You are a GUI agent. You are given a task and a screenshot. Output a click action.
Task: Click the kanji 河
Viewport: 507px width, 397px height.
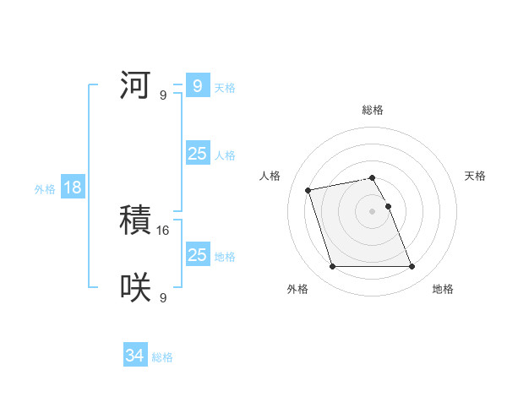pos(135,86)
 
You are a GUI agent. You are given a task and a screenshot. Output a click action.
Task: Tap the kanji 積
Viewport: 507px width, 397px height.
pos(135,222)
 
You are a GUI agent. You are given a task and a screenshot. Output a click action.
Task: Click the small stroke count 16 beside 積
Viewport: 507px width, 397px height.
pos(164,230)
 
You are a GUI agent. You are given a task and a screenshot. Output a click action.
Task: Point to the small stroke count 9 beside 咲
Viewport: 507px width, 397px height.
pos(163,297)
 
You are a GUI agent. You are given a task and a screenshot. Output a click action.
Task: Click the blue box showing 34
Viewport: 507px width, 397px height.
pos(135,356)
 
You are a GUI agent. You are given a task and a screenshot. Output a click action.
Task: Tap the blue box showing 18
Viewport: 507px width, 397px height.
pos(73,188)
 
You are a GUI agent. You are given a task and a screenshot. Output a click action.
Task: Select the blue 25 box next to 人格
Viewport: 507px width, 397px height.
pos(197,154)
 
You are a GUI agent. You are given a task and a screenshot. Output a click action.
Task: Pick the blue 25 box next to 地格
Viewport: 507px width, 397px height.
pos(197,255)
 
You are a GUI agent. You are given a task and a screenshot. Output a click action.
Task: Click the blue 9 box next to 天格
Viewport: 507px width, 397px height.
pos(197,86)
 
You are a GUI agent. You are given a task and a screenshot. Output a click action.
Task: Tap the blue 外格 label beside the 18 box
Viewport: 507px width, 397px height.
pos(45,189)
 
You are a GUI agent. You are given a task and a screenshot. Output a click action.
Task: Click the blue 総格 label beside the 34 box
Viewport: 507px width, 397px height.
pos(162,357)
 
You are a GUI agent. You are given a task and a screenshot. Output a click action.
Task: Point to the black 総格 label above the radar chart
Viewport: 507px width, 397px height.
pos(373,110)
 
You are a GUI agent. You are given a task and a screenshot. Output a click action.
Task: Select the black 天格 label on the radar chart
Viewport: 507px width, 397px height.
pos(475,176)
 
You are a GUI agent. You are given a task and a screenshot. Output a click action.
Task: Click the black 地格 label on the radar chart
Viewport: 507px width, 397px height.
pos(443,289)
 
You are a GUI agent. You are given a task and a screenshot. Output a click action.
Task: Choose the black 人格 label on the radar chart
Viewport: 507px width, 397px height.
pos(270,176)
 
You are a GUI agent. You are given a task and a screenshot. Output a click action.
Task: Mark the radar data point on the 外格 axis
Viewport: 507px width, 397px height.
pos(332,267)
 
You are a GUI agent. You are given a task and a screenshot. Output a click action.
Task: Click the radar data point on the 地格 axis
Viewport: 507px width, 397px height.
pos(412,267)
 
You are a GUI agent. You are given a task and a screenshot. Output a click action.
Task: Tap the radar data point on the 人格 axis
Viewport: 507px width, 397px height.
pos(308,189)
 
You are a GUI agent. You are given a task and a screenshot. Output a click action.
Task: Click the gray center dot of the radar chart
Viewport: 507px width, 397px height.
pos(373,211)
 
